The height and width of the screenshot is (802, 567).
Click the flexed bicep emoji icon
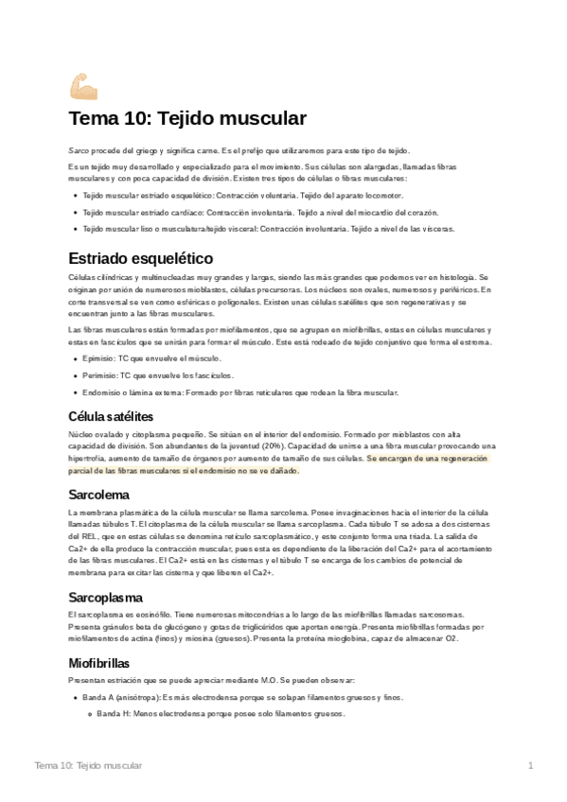pyautogui.click(x=83, y=86)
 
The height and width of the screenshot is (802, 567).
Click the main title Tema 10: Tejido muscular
pyautogui.click(x=187, y=119)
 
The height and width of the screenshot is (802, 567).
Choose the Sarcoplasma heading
pyautogui.click(x=105, y=597)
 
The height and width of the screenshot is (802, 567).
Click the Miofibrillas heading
pyautogui.click(x=99, y=663)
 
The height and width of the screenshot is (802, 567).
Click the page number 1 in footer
pyautogui.click(x=531, y=764)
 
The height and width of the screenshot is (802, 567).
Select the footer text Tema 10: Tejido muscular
pyautogui.click(x=88, y=764)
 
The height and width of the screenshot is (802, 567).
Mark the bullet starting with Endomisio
pyautogui.click(x=240, y=392)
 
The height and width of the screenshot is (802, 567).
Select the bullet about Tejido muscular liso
pyautogui.click(x=268, y=229)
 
